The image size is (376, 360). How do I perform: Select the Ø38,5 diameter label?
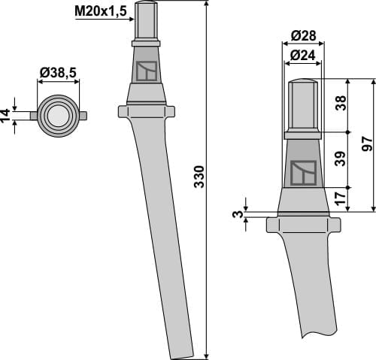pos(58,73)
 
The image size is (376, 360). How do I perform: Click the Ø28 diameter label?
pos(302,36)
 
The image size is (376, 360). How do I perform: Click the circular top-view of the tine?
pos(58,115)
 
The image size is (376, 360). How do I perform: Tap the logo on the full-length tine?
pos(147,71)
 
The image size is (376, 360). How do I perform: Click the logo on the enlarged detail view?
pos(303,173)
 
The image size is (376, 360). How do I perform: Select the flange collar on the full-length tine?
pos(147,111)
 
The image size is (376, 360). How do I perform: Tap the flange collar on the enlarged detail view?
pos(303,224)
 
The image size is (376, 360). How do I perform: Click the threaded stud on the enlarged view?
pos(303,105)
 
